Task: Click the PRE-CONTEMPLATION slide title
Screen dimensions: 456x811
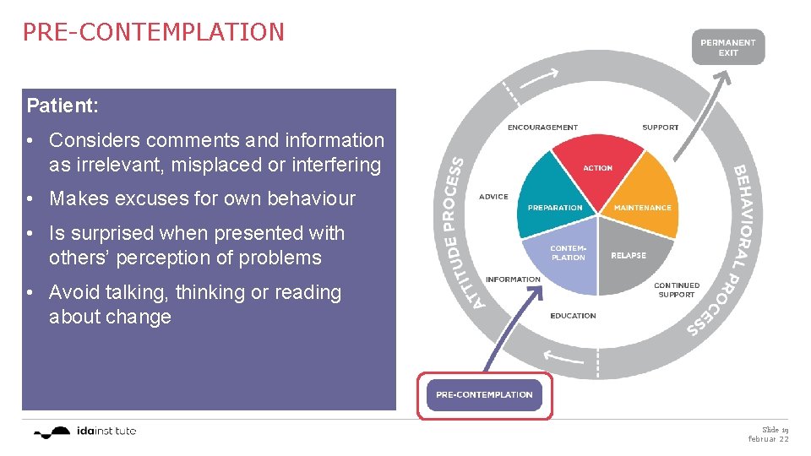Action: point(153,32)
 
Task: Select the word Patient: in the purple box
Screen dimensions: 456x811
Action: point(63,106)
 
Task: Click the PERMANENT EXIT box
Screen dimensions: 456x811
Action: point(727,47)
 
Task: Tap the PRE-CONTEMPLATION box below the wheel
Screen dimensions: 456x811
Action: point(484,394)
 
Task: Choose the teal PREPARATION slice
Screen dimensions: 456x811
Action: point(554,199)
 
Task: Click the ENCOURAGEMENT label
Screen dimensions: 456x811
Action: point(542,128)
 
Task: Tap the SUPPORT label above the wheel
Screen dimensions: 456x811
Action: point(660,128)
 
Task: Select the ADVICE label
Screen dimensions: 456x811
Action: point(493,197)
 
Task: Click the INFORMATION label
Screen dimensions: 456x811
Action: point(513,280)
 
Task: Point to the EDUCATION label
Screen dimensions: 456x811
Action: point(573,316)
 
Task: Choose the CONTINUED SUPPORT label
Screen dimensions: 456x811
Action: point(676,290)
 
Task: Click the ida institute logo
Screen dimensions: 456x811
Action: point(84,432)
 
